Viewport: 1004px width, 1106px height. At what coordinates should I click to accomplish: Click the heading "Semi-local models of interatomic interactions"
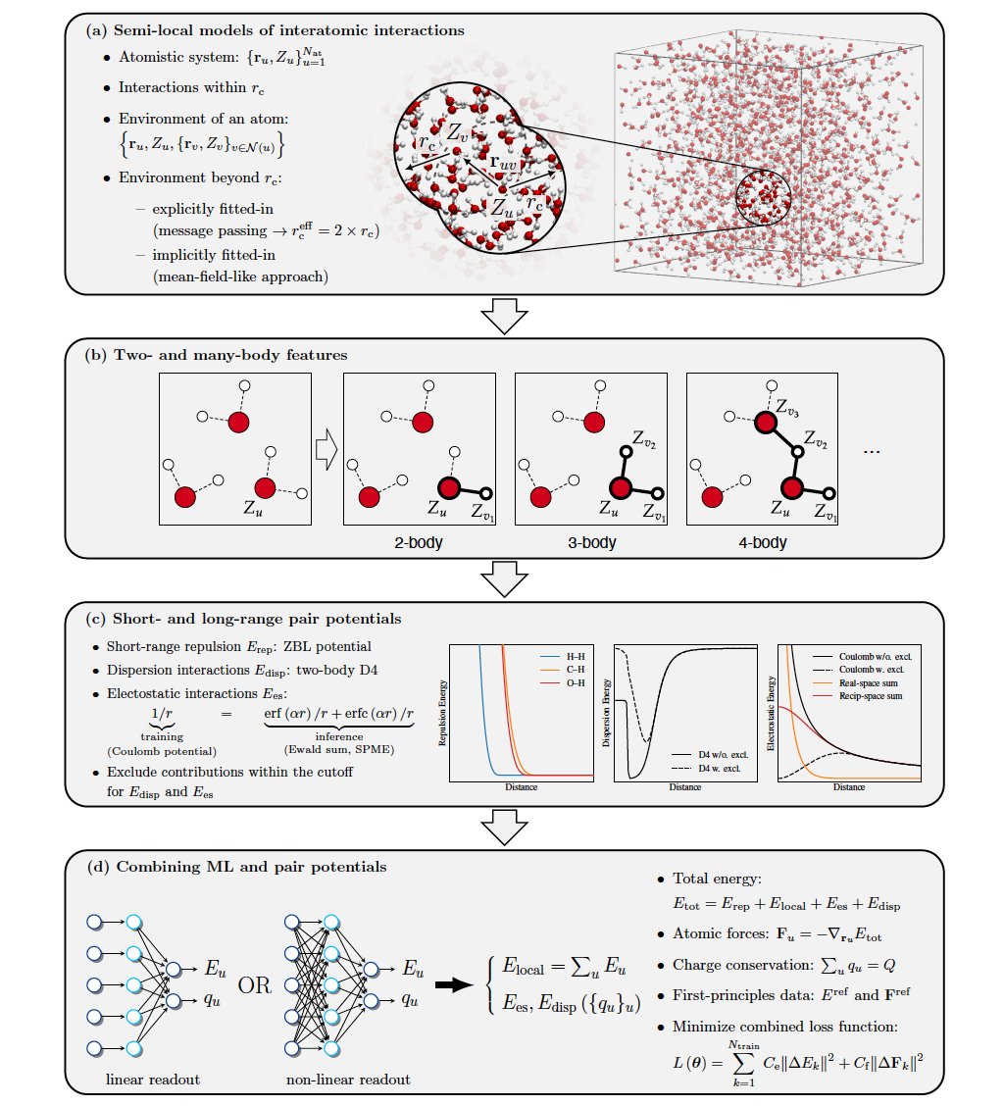(288, 30)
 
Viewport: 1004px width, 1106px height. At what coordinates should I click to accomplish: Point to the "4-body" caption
(763, 540)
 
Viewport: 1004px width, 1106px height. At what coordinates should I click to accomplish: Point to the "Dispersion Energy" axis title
(606, 713)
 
